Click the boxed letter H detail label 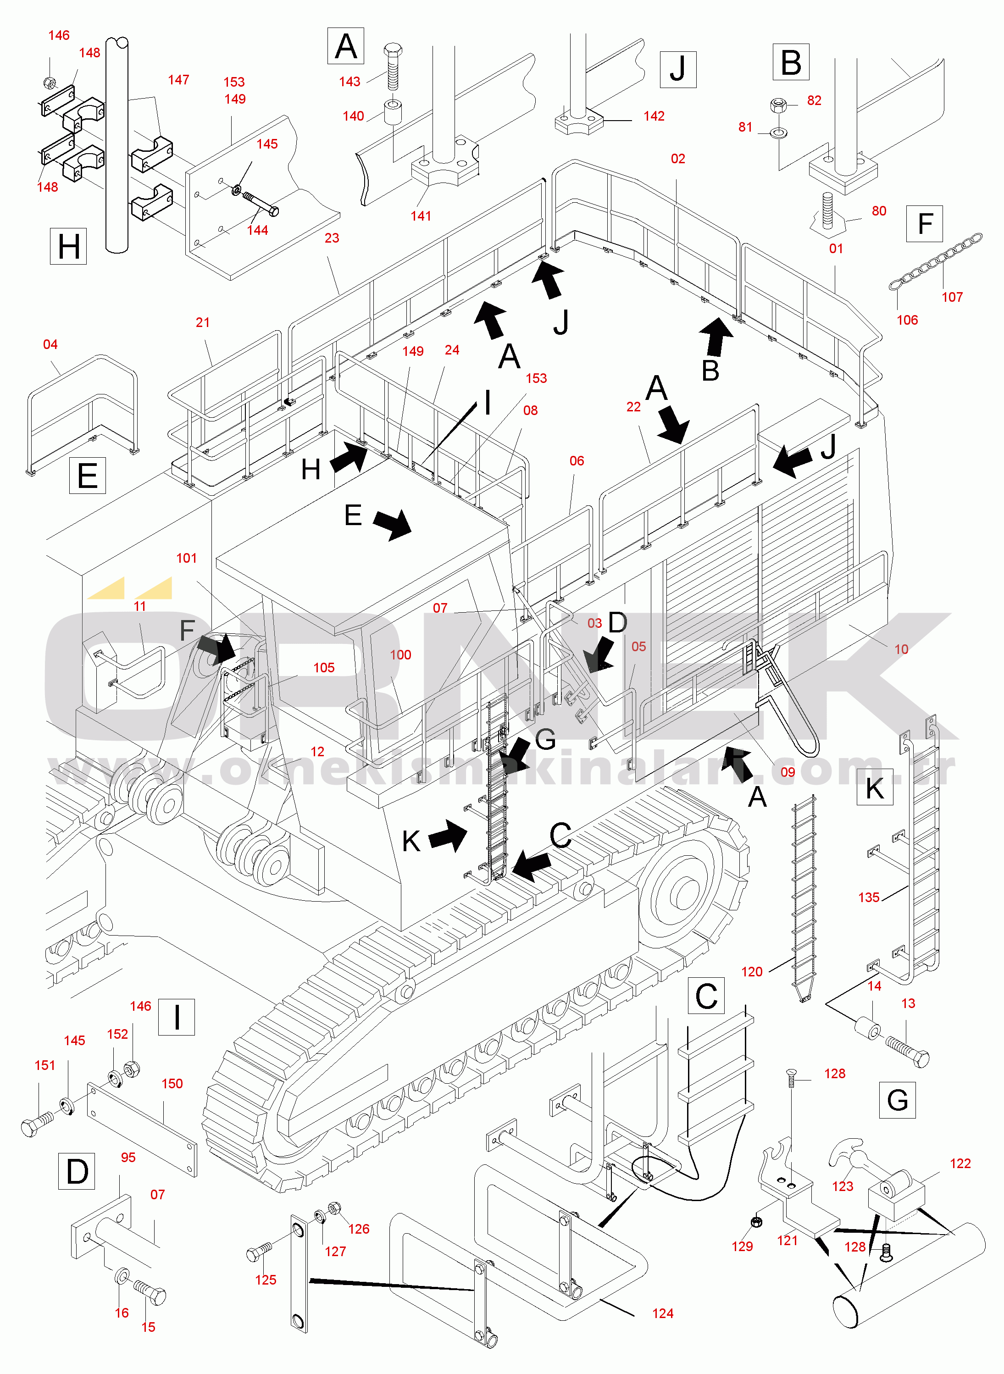click(68, 247)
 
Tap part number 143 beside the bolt click(349, 82)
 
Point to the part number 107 click(952, 297)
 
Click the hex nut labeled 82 click(777, 105)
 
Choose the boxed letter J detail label click(677, 69)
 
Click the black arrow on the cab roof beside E click(393, 524)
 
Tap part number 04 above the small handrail click(50, 344)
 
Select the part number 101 click(187, 558)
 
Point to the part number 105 click(324, 667)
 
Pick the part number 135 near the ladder click(869, 897)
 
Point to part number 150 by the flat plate click(172, 1084)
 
